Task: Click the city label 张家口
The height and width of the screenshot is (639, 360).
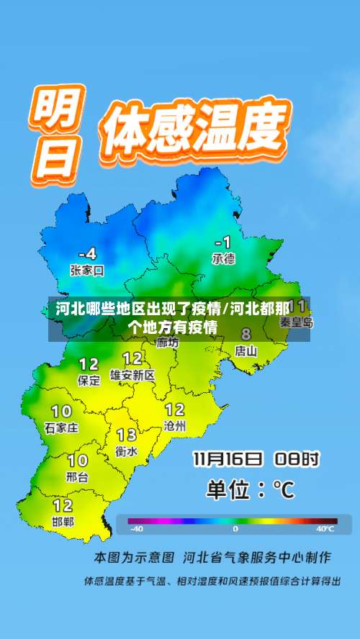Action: coord(87,271)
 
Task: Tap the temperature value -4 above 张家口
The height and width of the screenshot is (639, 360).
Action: coord(86,253)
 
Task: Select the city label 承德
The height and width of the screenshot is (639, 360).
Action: coord(223,258)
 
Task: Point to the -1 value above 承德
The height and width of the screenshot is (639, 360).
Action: coord(223,241)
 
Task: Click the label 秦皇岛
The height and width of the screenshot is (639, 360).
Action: coord(296,322)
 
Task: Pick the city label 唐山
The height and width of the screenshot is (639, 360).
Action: coord(246,350)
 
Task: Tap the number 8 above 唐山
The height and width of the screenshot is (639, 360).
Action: coord(246,334)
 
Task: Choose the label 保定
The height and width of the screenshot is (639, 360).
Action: coord(89,381)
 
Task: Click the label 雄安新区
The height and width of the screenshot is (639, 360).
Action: coord(132,375)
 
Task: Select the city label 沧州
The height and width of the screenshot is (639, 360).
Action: coord(175,426)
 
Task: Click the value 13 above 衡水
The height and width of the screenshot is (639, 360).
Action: coord(126,435)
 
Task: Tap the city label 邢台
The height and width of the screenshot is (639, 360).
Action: coord(77,476)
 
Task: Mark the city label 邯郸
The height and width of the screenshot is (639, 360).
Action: coord(63,522)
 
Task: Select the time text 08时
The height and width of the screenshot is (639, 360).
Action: coord(296,458)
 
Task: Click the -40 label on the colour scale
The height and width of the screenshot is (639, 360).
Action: coord(136,529)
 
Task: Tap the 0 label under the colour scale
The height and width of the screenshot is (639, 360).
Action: coord(235,529)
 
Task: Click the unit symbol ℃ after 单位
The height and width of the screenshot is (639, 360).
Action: coord(283,490)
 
